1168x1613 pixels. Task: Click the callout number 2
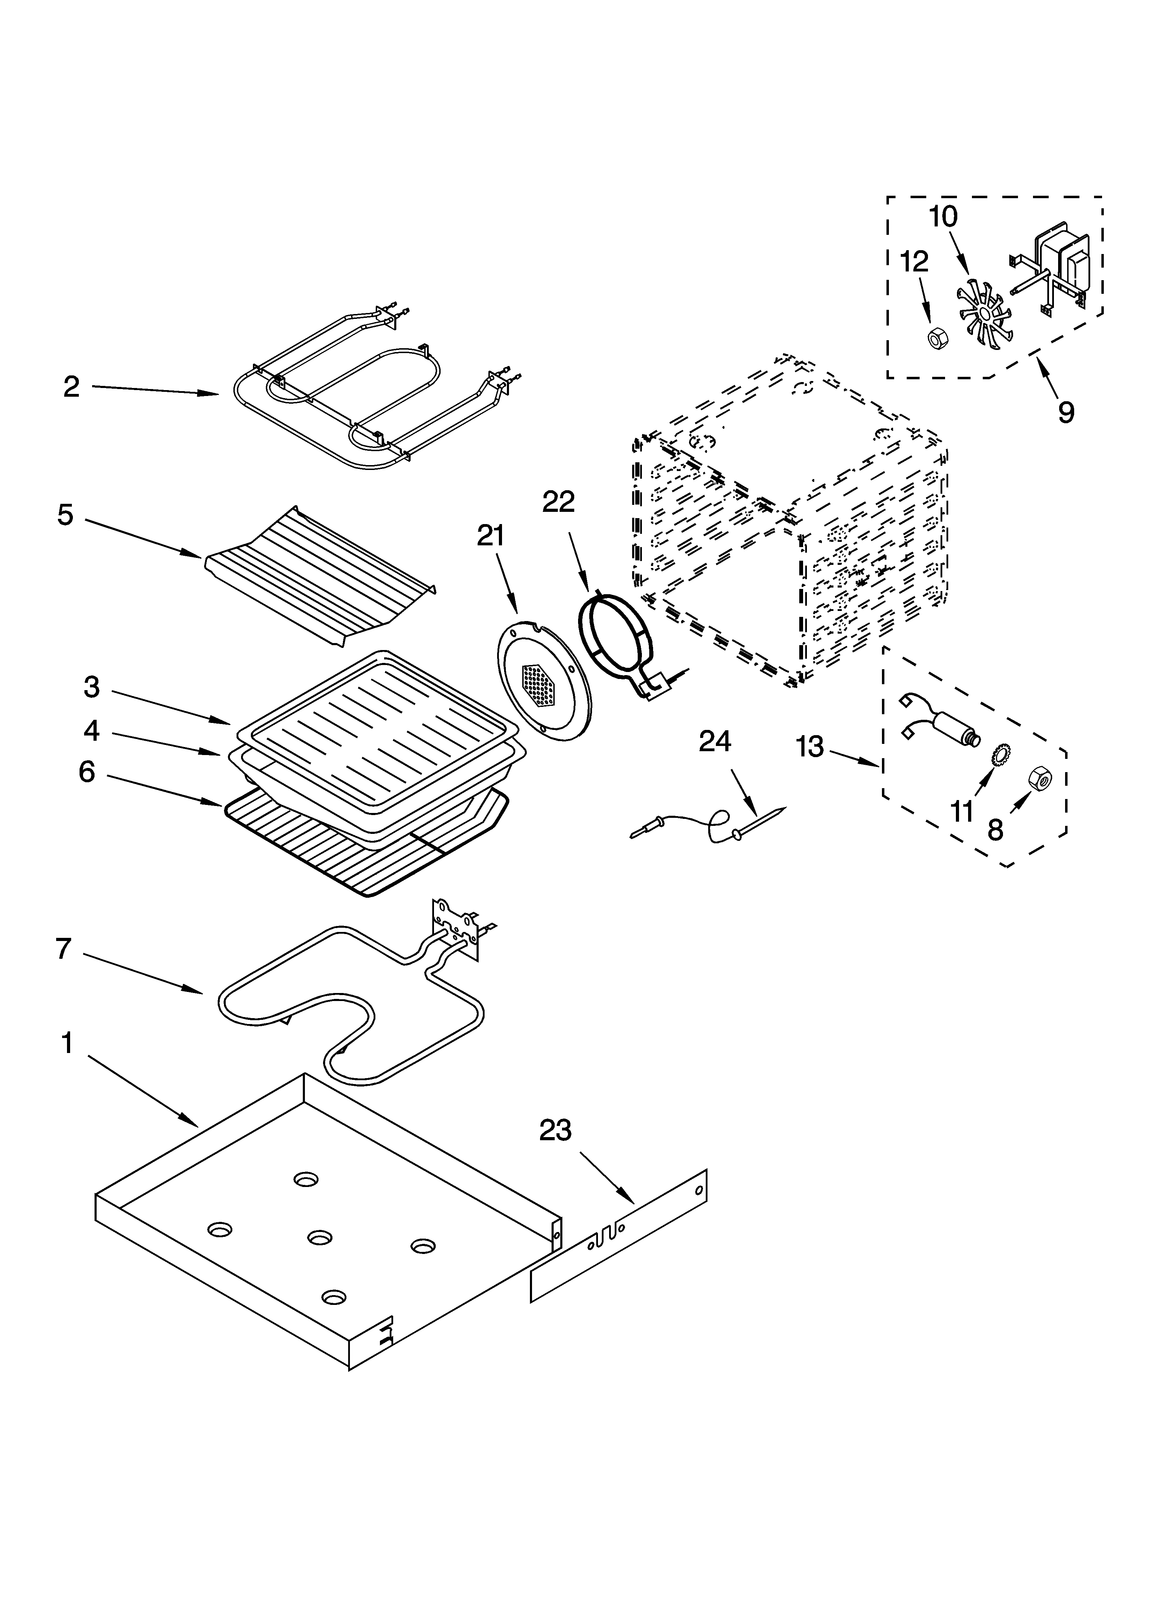71,388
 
